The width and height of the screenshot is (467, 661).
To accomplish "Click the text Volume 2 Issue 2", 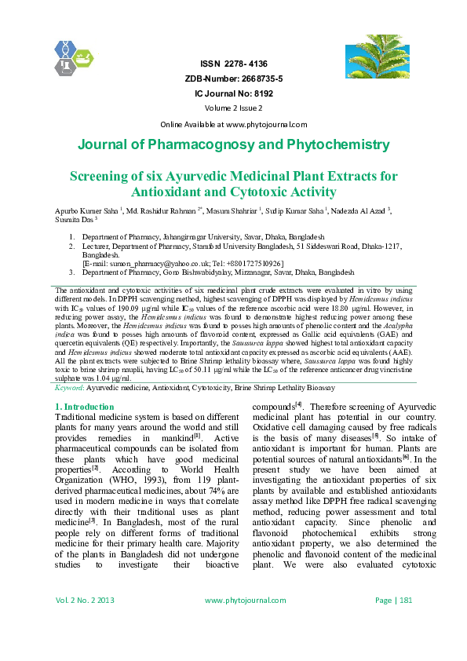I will coord(233,108).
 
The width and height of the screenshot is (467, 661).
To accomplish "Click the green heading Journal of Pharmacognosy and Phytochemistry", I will coord(233,145).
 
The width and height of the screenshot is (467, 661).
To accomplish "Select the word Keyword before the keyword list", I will coord(71,388).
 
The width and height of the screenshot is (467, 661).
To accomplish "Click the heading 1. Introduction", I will coord(85,407).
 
